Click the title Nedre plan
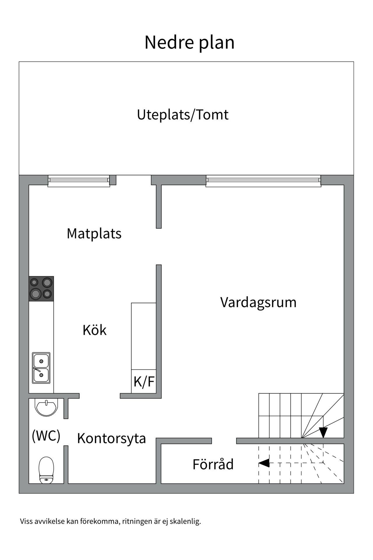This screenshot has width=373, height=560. pyautogui.click(x=189, y=42)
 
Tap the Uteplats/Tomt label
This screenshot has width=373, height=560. pyautogui.click(x=183, y=115)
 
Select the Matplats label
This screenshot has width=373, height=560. pyautogui.click(x=94, y=234)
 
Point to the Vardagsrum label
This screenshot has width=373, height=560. pyautogui.click(x=258, y=302)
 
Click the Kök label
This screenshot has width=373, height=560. pyautogui.click(x=94, y=330)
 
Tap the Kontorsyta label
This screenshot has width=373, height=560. pyautogui.click(x=111, y=438)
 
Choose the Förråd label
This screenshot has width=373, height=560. pyautogui.click(x=213, y=464)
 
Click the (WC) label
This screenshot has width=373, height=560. pyautogui.click(x=46, y=436)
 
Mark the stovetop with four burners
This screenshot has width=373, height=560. pyautogui.click(x=41, y=288)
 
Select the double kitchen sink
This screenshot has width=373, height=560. pyautogui.click(x=41, y=368)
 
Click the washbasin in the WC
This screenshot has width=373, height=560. pyautogui.click(x=46, y=407)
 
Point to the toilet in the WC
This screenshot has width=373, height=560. pyautogui.click(x=46, y=469)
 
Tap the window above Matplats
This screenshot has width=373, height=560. pyautogui.click(x=79, y=181)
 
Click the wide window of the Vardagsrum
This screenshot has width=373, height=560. pyautogui.click(x=263, y=181)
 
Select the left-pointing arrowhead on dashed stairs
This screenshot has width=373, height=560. pyautogui.click(x=264, y=463)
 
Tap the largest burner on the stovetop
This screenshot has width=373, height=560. pyautogui.click(x=36, y=294)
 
